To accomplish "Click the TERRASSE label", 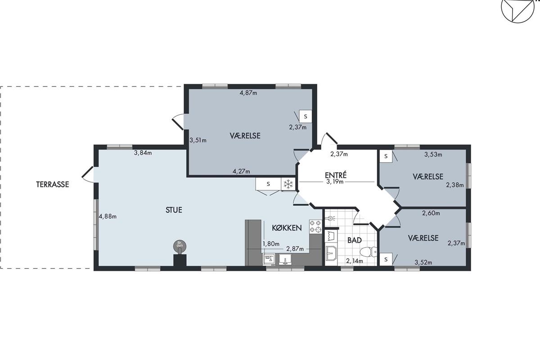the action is pyautogui.click(x=53, y=184).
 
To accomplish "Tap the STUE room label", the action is pyautogui.click(x=174, y=210).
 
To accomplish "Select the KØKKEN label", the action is pyautogui.click(x=287, y=228).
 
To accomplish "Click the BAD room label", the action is pyautogui.click(x=355, y=240).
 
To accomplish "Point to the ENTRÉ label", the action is pyautogui.click(x=336, y=175).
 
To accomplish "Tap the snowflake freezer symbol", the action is pyautogui.click(x=288, y=184).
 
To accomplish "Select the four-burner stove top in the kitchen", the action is pyautogui.click(x=315, y=226).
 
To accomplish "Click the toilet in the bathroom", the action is pyautogui.click(x=369, y=252).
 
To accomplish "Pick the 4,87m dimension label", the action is pyautogui.click(x=248, y=93).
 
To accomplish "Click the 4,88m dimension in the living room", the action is pyautogui.click(x=108, y=216).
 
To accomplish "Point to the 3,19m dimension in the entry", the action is pyautogui.click(x=335, y=181).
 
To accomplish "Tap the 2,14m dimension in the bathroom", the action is pyautogui.click(x=355, y=261).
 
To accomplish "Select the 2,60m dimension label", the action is pyautogui.click(x=431, y=213).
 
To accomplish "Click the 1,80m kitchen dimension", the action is pyautogui.click(x=271, y=244).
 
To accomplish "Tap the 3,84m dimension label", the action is pyautogui.click(x=143, y=153).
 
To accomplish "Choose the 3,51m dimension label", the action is pyautogui.click(x=198, y=140).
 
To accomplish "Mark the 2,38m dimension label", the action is pyautogui.click(x=455, y=185).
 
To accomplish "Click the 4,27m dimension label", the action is pyautogui.click(x=241, y=171).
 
